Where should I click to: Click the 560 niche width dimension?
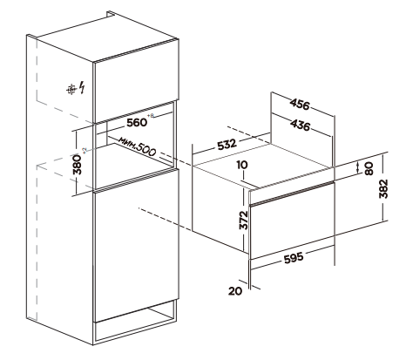[x=137, y=122]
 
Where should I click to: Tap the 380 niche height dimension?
[x=78, y=165]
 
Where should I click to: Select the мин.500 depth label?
[x=137, y=146]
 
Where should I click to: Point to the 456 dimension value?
[x=300, y=105]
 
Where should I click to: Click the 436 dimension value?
[x=301, y=126]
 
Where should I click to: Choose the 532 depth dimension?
[x=227, y=145]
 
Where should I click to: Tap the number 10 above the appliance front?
[x=242, y=165]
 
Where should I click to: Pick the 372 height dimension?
[x=243, y=220]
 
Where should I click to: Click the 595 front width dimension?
[x=294, y=258]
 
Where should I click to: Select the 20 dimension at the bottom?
[x=235, y=290]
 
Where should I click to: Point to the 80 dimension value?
[x=369, y=168]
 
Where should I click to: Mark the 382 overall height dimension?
[x=383, y=188]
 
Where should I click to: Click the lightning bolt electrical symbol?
[x=83, y=88]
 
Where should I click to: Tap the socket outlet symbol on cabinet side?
[x=71, y=89]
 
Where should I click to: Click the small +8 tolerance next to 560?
[x=151, y=116]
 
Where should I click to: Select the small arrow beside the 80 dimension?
[x=357, y=167]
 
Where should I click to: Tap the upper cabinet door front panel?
[x=136, y=80]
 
